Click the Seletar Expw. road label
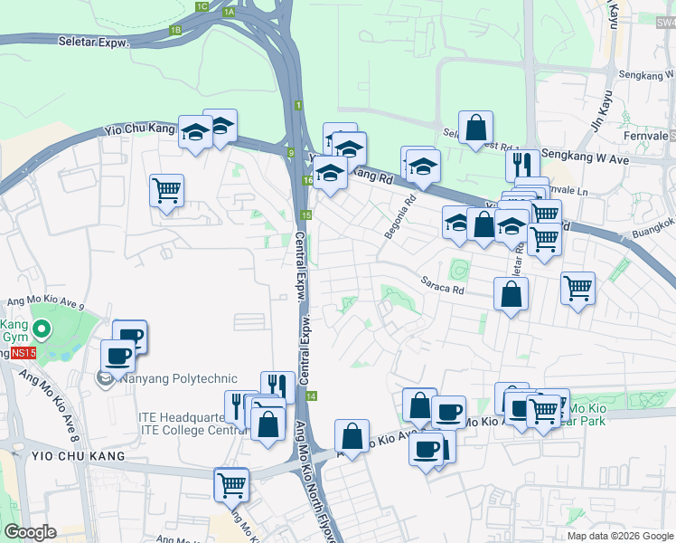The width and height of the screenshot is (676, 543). (94, 42)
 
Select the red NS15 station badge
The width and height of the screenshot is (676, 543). (23, 351)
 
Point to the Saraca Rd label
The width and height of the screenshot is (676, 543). (442, 286)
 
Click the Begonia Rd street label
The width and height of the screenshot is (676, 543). (399, 216)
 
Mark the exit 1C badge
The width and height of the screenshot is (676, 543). (202, 7)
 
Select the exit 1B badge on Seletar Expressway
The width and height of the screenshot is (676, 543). (175, 30)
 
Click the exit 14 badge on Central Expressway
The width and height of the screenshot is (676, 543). (311, 396)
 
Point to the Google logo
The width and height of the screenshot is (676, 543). (30, 532)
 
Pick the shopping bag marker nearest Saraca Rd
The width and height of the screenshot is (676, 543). (511, 293)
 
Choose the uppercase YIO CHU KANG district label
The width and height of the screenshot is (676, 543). (63, 456)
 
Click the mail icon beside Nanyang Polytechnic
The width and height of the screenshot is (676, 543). (105, 378)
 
